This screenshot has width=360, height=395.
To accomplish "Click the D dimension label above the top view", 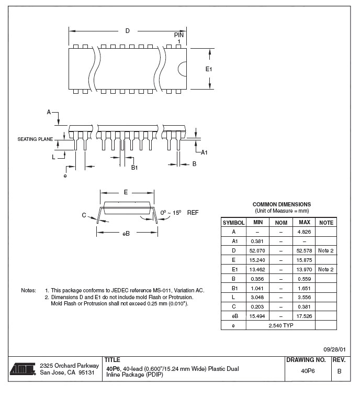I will (127, 31).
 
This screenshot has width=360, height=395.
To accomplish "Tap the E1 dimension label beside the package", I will (208, 69).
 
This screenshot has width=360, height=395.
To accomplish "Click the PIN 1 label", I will (179, 37).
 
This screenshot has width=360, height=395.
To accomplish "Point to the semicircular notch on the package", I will (183, 69).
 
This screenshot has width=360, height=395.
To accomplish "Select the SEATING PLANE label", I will (35, 139).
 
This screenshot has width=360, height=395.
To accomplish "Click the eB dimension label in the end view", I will (126, 233).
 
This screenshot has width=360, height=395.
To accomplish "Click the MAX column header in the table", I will (305, 223).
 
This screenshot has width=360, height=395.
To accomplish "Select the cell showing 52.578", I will (305, 250).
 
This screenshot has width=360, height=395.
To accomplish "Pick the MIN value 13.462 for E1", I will (258, 269).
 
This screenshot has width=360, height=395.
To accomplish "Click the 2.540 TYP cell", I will (280, 325).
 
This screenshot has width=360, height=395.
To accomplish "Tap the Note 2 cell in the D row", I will (325, 250).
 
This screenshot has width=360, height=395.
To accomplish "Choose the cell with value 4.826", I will (305, 232).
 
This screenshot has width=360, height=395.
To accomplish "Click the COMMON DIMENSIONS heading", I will (282, 204).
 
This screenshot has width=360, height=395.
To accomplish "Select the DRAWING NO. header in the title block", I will (306, 360).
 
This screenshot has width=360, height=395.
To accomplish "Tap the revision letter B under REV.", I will (339, 371).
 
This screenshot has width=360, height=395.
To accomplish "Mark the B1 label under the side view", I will (134, 167).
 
